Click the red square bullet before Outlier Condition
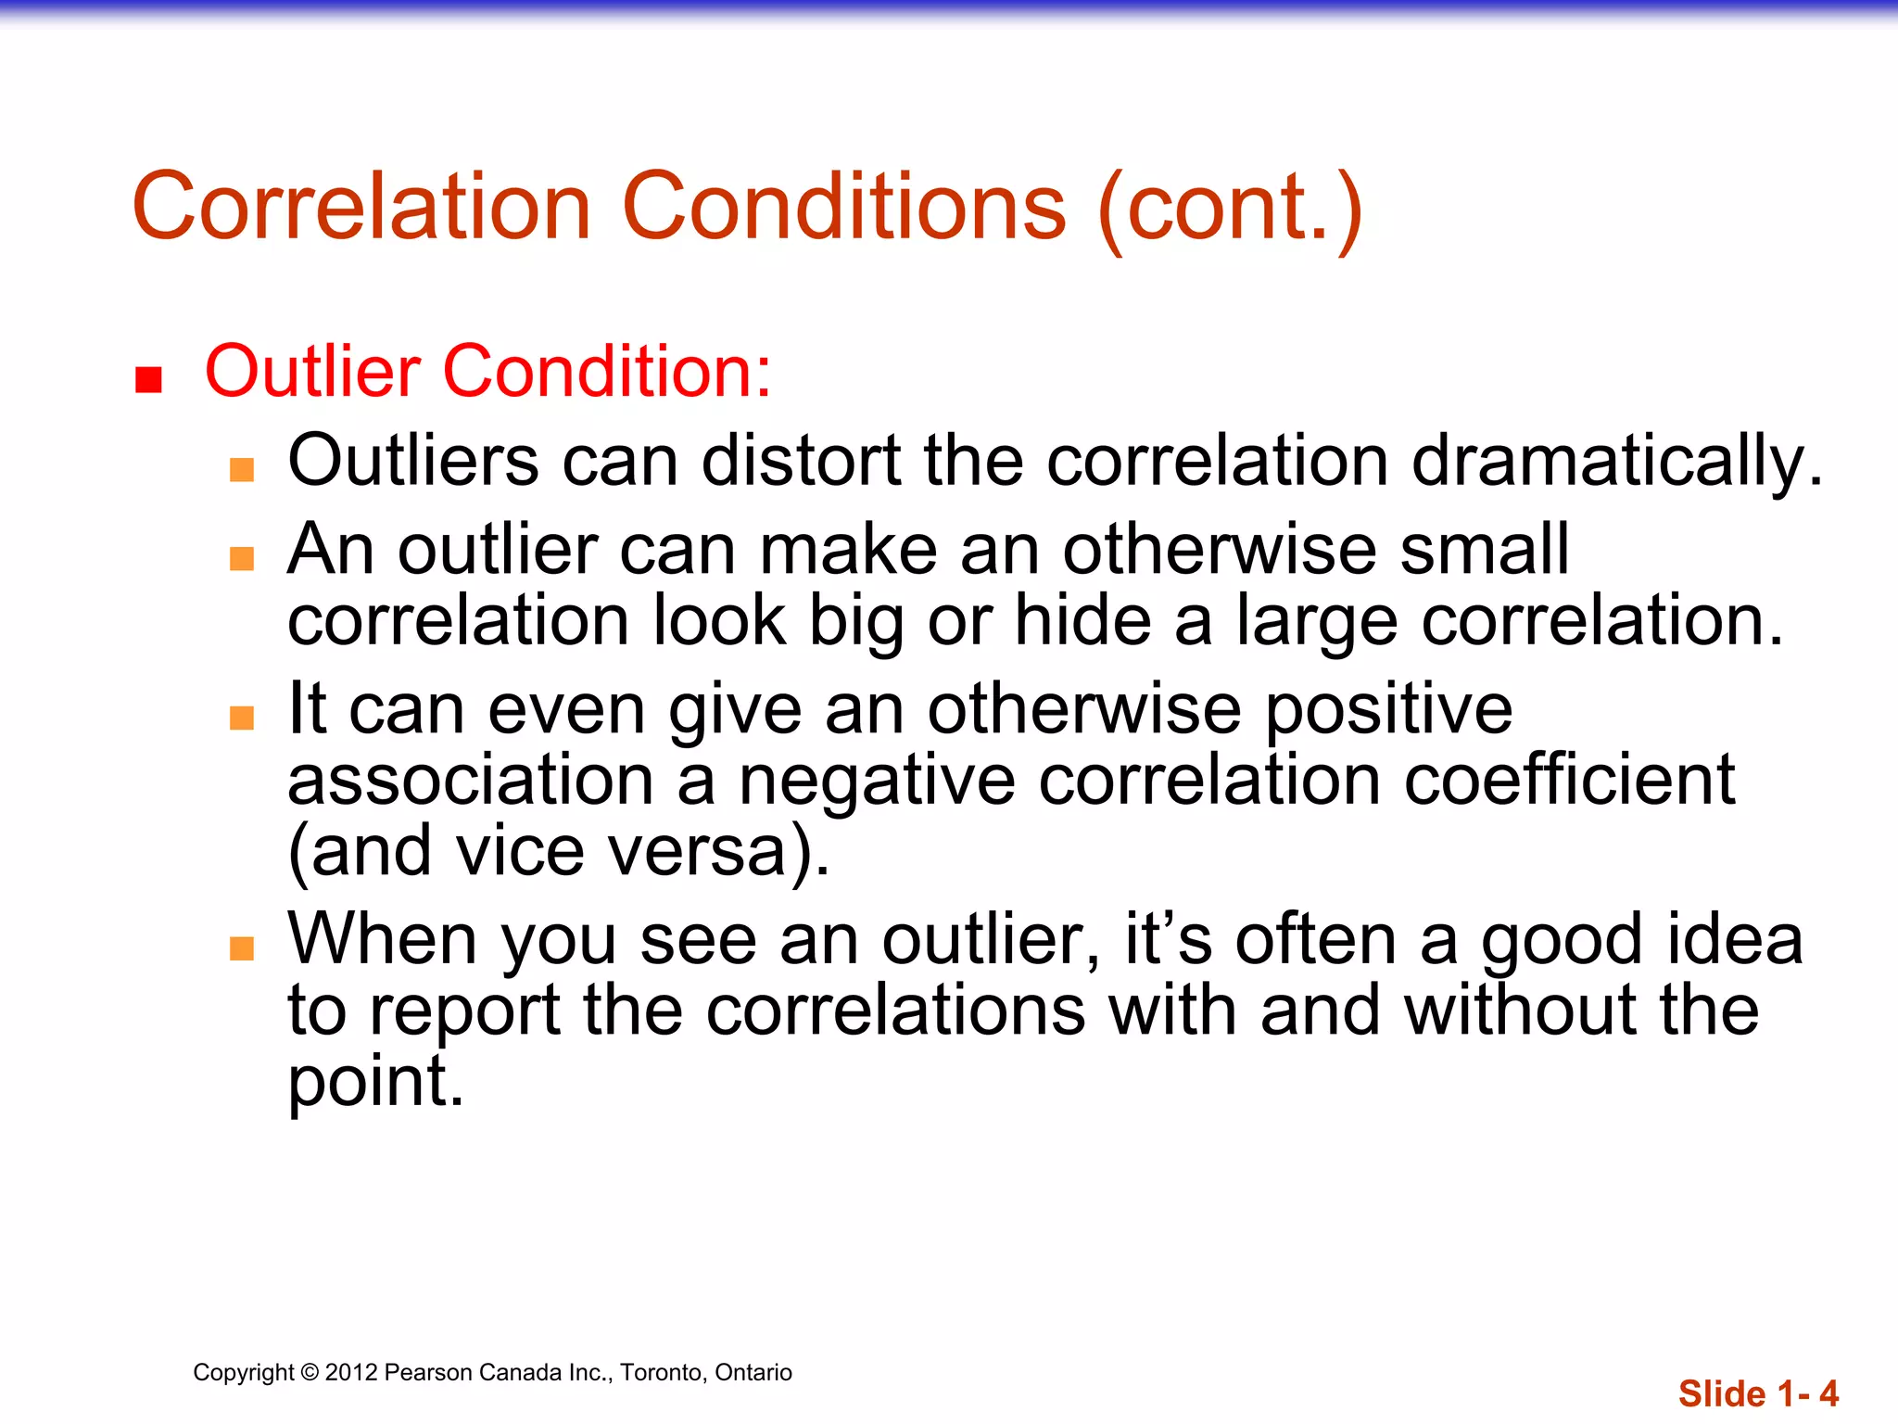click(148, 380)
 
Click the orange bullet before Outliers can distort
click(242, 469)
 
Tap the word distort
click(802, 461)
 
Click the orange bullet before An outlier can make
click(242, 558)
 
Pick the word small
click(1484, 550)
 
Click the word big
click(855, 622)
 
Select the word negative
click(877, 782)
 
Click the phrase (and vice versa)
click(559, 851)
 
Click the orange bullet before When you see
click(242, 947)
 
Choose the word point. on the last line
click(375, 1083)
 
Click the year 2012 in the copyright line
click(351, 1373)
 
